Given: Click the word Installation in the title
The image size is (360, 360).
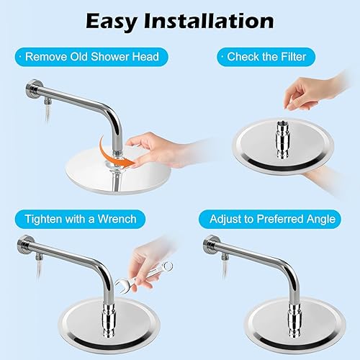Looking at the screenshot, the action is [x=209, y=21].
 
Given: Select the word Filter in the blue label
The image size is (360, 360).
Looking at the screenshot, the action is [x=293, y=57].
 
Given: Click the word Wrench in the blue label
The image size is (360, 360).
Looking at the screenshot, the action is [x=117, y=219].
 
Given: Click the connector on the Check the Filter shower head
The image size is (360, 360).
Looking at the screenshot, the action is [x=283, y=140].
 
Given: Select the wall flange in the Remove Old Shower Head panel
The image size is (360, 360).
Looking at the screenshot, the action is [x=32, y=89].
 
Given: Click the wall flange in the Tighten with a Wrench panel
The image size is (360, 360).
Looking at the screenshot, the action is [x=24, y=245].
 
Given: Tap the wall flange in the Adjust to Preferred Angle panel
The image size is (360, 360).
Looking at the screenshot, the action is [x=210, y=245].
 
